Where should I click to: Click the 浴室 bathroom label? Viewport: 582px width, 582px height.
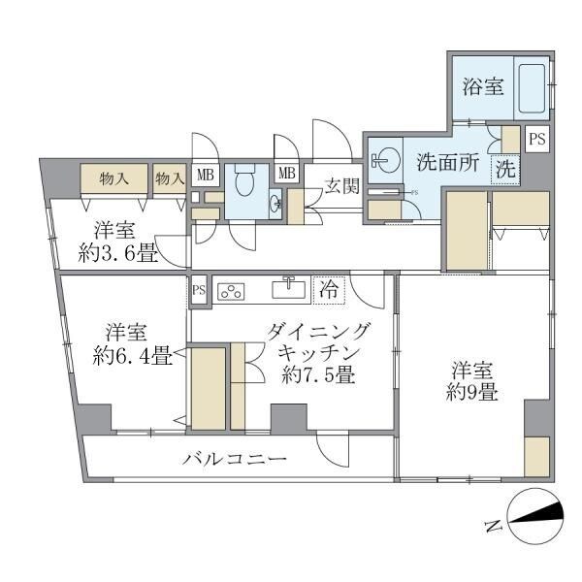point(482,87)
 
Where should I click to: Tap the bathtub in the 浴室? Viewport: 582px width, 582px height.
point(532,89)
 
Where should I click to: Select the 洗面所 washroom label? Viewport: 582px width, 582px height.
point(447,162)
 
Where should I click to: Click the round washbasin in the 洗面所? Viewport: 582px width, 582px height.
point(385,159)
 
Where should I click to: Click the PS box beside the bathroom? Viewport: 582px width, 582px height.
point(537,140)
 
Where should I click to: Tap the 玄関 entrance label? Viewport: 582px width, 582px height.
point(340,184)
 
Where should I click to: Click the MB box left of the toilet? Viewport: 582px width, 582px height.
point(205,176)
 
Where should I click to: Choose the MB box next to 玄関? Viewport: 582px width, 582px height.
point(287,174)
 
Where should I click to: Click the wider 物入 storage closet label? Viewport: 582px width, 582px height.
point(114,178)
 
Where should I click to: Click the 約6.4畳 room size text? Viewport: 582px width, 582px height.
point(133,355)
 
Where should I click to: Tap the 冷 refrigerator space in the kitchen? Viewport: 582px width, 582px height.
point(329,289)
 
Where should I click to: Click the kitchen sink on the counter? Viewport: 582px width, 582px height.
point(289,289)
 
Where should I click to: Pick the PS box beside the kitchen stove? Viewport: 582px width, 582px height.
point(199,289)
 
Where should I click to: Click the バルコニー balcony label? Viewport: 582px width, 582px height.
point(235,458)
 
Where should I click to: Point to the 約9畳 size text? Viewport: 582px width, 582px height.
point(473,393)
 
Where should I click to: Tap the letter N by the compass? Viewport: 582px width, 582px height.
point(493,527)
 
